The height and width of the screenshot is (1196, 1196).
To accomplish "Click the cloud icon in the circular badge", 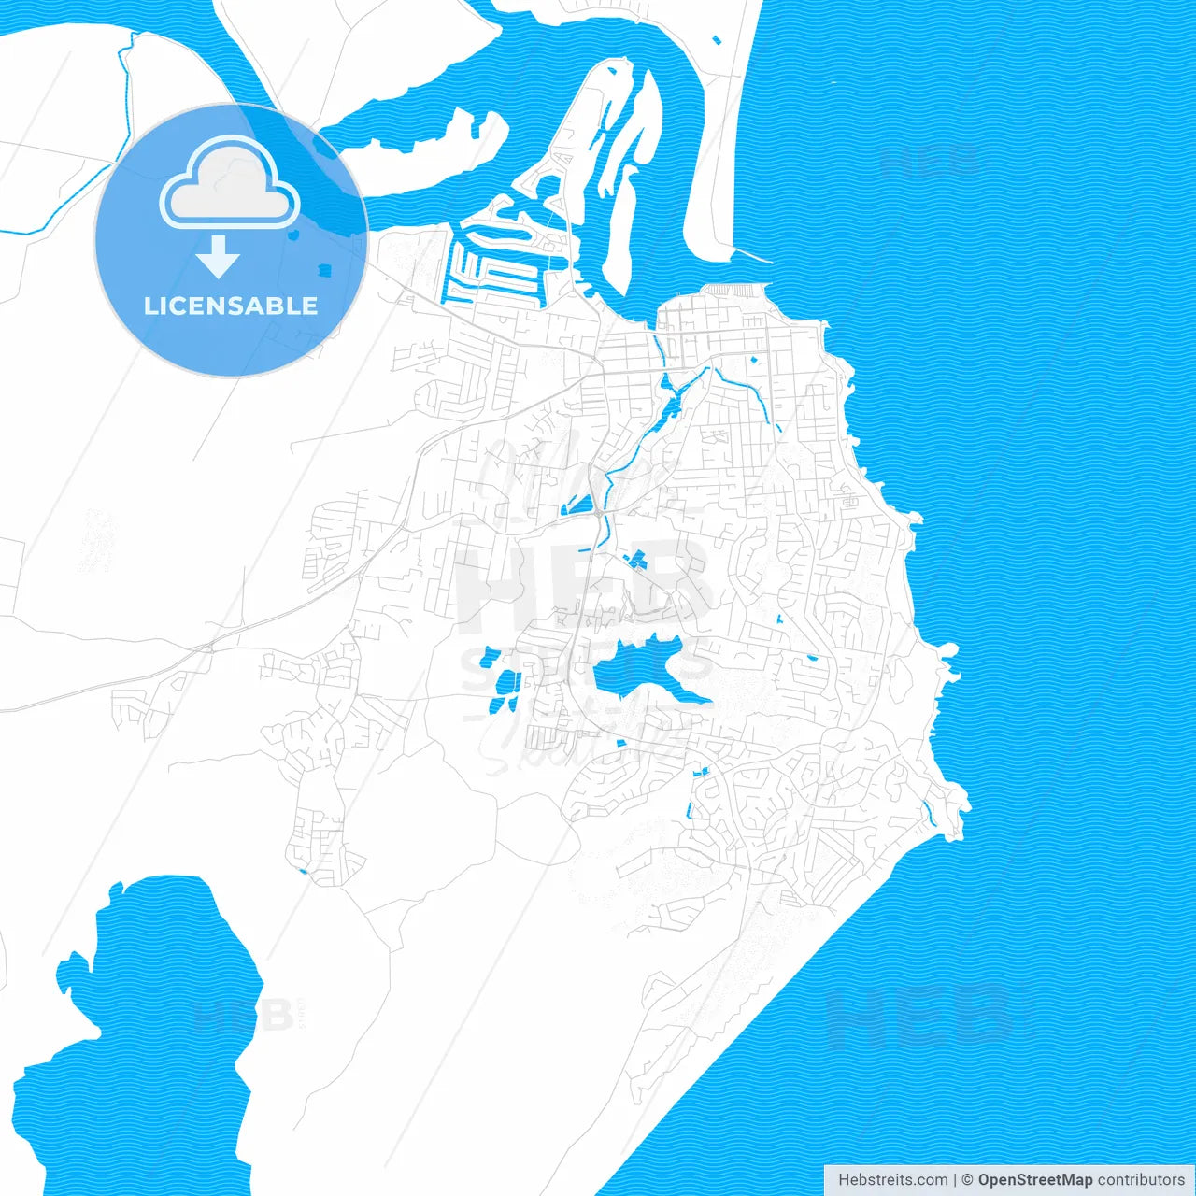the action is [230, 183].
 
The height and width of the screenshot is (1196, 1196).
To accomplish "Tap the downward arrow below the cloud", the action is [219, 256].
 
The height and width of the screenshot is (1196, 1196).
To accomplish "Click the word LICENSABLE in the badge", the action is [231, 306].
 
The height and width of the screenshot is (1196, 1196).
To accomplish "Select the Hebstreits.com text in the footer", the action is [892, 1180].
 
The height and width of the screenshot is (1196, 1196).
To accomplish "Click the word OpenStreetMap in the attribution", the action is [1035, 1180].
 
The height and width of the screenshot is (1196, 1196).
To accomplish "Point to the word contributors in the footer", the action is [1141, 1180].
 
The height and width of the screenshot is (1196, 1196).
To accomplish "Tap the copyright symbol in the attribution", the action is [968, 1180].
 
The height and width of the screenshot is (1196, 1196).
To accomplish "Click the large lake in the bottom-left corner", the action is [140, 1028].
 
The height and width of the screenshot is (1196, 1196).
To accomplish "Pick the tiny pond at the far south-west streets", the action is [302, 872].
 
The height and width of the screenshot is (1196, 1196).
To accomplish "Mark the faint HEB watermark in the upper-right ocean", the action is [930, 161].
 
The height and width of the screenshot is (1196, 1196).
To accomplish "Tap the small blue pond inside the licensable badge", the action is [324, 270].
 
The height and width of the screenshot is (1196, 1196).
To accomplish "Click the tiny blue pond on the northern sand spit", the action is [717, 40].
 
